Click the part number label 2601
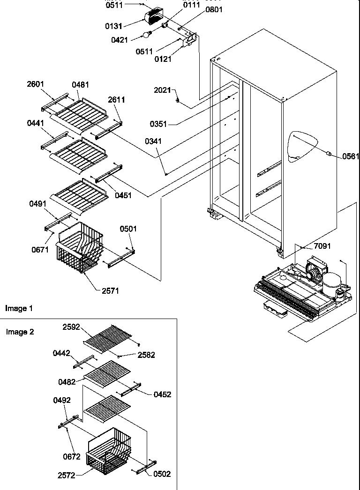click(x=35, y=84)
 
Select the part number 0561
click(x=351, y=156)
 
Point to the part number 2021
click(x=162, y=90)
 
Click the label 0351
click(x=158, y=124)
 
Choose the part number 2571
click(x=110, y=290)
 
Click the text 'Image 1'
click(x=19, y=308)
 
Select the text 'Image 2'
click(x=20, y=332)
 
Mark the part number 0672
click(x=71, y=456)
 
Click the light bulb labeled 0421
click(x=148, y=34)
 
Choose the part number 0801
click(x=214, y=9)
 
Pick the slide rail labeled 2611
click(x=109, y=130)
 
